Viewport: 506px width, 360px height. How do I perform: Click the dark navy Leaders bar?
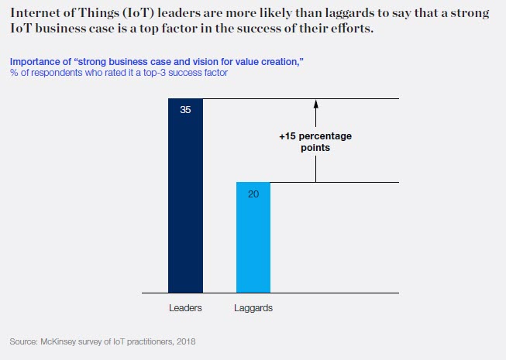coord(185,201)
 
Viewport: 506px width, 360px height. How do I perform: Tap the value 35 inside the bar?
coord(185,110)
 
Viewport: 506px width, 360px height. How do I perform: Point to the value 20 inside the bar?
coord(253,194)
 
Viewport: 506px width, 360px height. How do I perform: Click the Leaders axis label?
coord(185,308)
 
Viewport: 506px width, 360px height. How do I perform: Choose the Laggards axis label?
coord(253,308)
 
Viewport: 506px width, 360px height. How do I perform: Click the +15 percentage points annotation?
coord(315,142)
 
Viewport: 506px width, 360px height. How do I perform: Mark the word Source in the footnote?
coord(23,341)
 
